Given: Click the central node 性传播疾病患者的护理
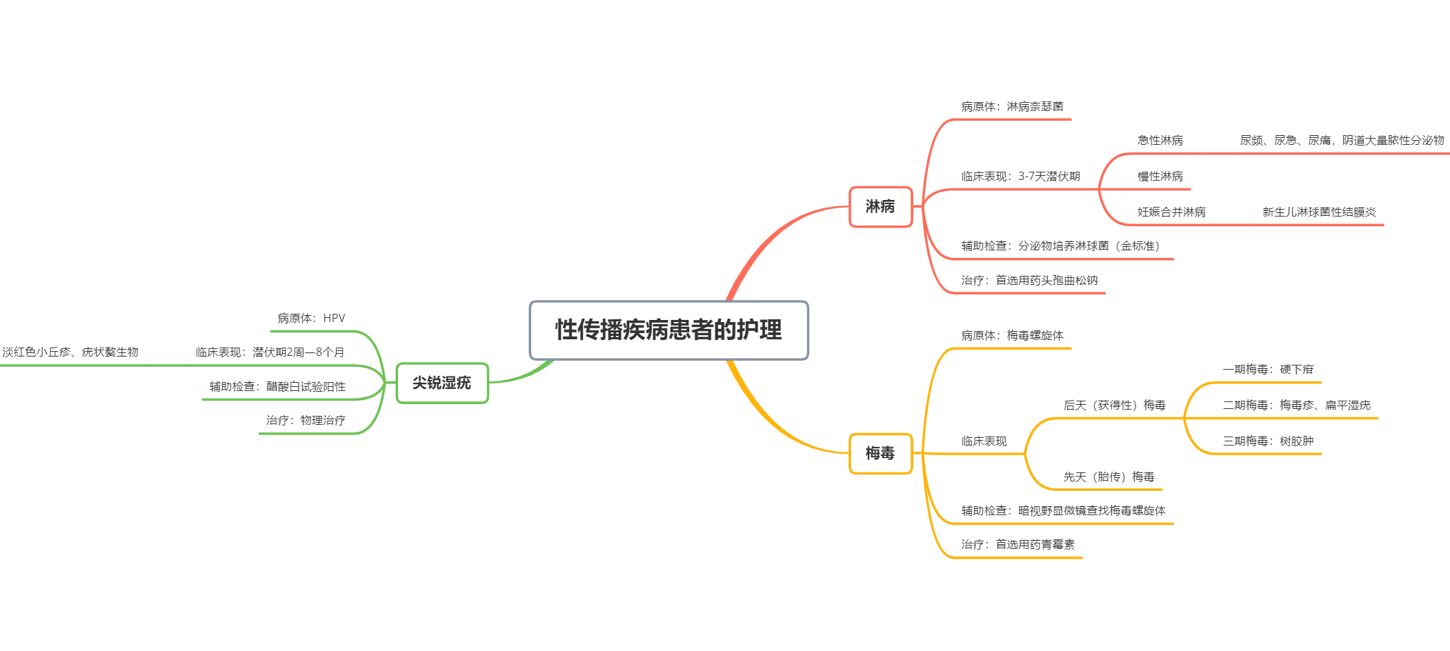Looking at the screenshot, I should pos(668,330).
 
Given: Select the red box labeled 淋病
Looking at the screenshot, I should pos(880,206).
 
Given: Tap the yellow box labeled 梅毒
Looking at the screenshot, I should pos(880,453).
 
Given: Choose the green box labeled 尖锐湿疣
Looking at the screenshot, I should pos(442,383).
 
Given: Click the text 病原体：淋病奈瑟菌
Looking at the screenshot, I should pos(1012,107).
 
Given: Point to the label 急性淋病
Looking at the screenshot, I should pos(1160,141).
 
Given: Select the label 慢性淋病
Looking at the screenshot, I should pos(1160,177).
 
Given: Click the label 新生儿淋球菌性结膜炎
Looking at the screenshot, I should pos(1319,212).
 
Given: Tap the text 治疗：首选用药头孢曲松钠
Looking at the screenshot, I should pos(1029,281).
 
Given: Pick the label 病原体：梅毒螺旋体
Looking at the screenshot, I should pos(1012,336).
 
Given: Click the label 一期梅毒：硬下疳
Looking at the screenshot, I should pos(1268,370).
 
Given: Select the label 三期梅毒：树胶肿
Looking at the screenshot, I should pos(1268,441).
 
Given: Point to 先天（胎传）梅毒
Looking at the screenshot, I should pos(1109,477).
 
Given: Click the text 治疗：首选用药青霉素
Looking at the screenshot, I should pos(1017,545).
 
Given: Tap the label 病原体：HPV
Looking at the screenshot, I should pos(311,319).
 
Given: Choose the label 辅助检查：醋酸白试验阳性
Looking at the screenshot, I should pos(277,387).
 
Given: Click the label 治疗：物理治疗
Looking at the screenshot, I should pos(306,421).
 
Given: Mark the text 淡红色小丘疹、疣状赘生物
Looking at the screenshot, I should pos(70,352).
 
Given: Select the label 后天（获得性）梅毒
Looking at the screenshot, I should pos(1114,405).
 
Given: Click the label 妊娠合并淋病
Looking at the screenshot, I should pos(1171,212).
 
